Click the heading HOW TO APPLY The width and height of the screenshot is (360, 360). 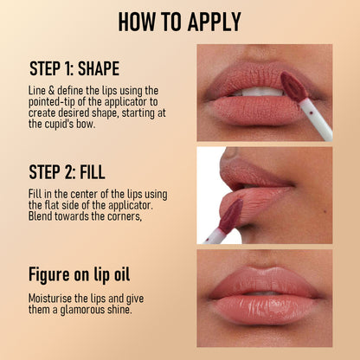click(179, 22)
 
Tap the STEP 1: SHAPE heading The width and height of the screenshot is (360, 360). click(74, 69)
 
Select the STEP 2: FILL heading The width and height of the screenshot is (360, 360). click(67, 170)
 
